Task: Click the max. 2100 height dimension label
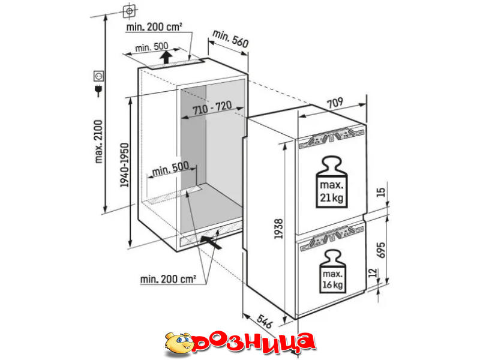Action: [x=98, y=142]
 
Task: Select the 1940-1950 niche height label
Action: [x=124, y=164]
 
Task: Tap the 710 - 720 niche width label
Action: [x=212, y=107]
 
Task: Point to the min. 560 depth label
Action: [x=230, y=39]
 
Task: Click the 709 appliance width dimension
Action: [x=335, y=103]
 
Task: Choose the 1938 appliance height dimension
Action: [x=278, y=229]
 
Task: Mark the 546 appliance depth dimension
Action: [x=265, y=320]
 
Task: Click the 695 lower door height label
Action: [x=380, y=250]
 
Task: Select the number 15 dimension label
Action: [x=380, y=192]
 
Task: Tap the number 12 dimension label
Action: [x=372, y=272]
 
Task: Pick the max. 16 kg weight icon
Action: [x=332, y=271]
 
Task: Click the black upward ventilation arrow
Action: [x=166, y=58]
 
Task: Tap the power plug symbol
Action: [x=98, y=91]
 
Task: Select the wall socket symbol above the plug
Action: [x=98, y=76]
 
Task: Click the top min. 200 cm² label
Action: [x=154, y=27]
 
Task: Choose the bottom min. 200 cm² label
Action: [x=168, y=279]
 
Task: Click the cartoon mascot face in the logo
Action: [x=179, y=342]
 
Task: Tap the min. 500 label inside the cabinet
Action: [x=170, y=169]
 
